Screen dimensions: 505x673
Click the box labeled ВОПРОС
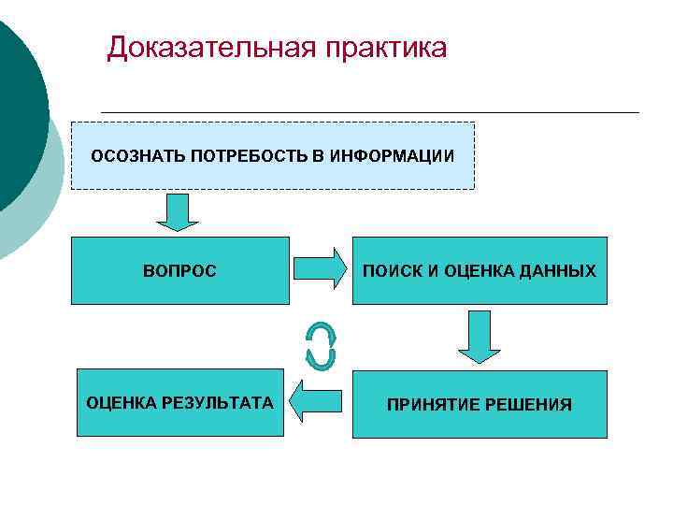click(x=179, y=271)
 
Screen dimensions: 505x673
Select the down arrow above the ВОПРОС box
click(x=177, y=212)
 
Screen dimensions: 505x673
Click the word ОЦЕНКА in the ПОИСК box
click(x=470, y=271)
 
